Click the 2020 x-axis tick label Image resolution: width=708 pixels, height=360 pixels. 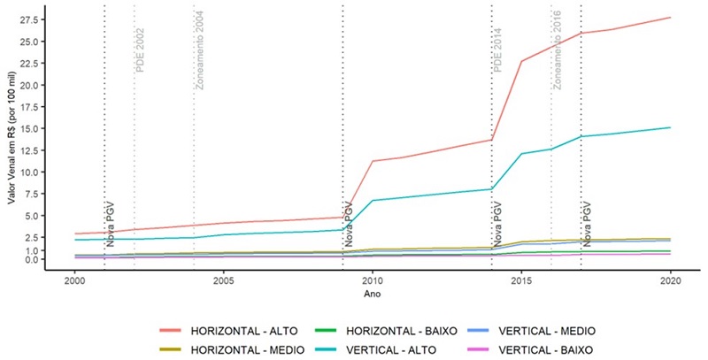point(671,282)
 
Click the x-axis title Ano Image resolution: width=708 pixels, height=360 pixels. point(373,295)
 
